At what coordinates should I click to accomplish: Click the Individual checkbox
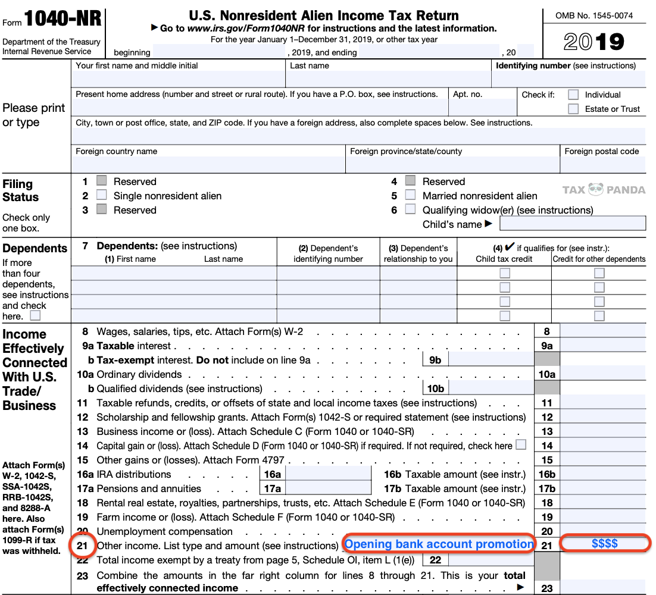tap(573, 95)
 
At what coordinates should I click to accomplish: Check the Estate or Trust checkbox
tap(573, 109)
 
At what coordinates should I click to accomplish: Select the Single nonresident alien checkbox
tap(102, 195)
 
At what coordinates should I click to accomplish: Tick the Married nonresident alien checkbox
tap(410, 195)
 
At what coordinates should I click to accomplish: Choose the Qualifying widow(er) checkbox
tap(410, 209)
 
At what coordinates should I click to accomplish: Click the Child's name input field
tap(572, 224)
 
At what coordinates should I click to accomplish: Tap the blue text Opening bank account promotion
tap(439, 544)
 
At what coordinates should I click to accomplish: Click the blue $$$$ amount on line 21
tap(604, 544)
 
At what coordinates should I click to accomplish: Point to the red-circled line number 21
tap(82, 545)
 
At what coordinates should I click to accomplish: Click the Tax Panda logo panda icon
tap(595, 190)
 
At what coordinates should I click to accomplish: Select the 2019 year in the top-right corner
tap(593, 42)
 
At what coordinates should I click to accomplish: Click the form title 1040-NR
tap(63, 20)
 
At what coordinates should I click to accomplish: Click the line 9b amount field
tap(491, 360)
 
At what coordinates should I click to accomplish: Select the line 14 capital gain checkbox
tap(521, 445)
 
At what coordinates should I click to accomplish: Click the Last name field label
tap(310, 66)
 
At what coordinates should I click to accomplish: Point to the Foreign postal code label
tap(601, 151)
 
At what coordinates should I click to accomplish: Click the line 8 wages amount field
tap(602, 331)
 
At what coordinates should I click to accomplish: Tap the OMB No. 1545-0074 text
tap(593, 15)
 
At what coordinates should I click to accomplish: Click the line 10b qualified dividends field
tap(491, 389)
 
